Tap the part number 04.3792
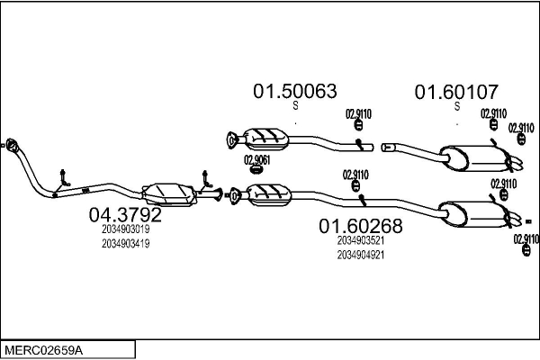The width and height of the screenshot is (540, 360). coord(125,216)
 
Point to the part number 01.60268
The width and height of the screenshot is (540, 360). coord(361,226)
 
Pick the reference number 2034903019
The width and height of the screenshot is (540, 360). coord(125,229)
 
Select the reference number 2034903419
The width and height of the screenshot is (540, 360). coord(125,243)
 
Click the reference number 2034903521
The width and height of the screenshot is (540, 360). coord(361,240)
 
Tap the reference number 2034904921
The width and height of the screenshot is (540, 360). coord(361,255)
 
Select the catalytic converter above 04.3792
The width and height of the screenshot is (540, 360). coord(167,190)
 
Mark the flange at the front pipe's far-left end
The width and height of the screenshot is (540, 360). coord(11,144)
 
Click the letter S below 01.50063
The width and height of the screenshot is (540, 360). coord(295,106)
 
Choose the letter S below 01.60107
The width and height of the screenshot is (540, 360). coord(457,106)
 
